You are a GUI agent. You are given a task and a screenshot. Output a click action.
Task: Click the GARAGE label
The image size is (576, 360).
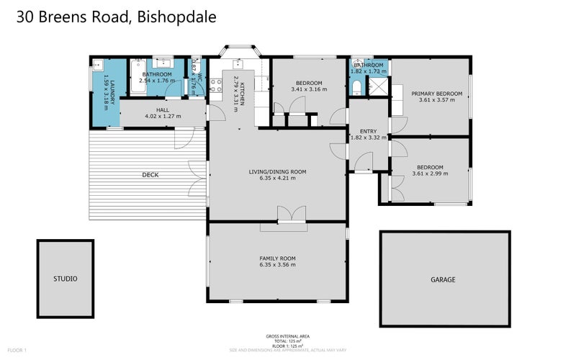click(x=443, y=279)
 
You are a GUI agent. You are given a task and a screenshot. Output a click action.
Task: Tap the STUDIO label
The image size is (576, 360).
click(x=65, y=279)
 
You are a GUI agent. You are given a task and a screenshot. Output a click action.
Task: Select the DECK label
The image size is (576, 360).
click(x=150, y=175)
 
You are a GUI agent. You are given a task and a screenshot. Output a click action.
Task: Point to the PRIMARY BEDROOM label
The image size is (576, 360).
click(x=436, y=94)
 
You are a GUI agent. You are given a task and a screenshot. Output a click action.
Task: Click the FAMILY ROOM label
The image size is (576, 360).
click(x=278, y=258)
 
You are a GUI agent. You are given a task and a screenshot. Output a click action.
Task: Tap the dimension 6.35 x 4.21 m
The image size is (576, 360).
click(x=278, y=179)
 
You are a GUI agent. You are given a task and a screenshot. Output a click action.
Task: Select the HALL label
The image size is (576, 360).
click(x=162, y=109)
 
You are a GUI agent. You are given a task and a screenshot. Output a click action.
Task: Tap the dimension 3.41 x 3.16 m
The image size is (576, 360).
click(x=309, y=89)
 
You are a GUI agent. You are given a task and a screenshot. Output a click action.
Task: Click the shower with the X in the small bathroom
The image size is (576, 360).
click(x=376, y=87)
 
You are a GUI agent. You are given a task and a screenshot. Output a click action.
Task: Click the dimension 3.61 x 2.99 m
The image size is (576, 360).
click(x=428, y=174)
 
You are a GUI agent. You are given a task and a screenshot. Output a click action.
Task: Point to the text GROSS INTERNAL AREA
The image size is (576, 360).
click(x=288, y=336)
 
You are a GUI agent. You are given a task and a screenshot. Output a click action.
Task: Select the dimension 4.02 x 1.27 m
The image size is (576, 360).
click(x=163, y=117)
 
